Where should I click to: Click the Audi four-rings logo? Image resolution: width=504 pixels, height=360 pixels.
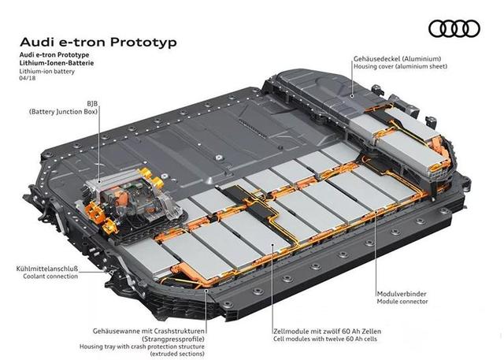tap(454, 28)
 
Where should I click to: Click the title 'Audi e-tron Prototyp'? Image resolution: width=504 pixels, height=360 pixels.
tap(98, 42)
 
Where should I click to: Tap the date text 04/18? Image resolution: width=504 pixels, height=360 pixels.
tap(28, 78)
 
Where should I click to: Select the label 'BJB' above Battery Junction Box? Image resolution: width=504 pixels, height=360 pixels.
tap(92, 103)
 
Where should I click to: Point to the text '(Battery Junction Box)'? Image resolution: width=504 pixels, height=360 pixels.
tap(63, 112)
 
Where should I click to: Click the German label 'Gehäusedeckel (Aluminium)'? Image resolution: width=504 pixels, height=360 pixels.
tap(397, 59)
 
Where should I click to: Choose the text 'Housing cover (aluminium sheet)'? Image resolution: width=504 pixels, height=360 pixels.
tap(400, 66)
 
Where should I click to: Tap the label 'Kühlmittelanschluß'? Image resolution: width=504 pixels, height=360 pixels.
tap(47, 269)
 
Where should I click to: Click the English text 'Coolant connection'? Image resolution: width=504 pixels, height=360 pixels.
tap(50, 276)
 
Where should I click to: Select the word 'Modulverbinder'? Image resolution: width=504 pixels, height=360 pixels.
tap(402, 294)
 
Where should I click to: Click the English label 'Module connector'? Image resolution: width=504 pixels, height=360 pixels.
tap(402, 302)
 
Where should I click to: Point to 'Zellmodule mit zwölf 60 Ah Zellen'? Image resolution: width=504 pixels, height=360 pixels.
tap(328, 331)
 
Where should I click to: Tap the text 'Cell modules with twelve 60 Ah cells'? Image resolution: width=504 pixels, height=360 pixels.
tap(325, 339)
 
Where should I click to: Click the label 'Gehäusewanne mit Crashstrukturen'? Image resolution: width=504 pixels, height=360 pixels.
tap(149, 331)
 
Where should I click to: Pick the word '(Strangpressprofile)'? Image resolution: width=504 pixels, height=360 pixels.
tap(173, 339)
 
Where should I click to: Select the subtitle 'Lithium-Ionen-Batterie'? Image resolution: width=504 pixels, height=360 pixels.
tap(57, 63)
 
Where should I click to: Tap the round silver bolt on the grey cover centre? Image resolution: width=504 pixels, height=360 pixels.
tap(219, 158)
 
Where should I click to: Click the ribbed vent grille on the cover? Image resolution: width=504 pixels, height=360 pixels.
tap(253, 128)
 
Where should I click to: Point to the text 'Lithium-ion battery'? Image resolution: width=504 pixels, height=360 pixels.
tap(47, 72)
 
